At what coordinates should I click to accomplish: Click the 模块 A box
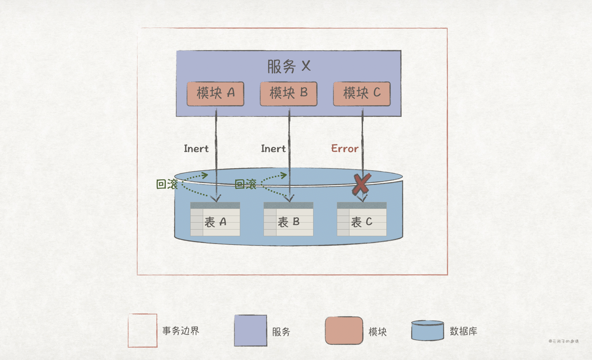[215, 93]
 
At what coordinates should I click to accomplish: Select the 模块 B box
[289, 93]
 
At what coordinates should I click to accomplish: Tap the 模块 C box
[362, 93]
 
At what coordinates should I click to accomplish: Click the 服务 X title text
[289, 66]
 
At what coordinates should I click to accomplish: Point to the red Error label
[345, 149]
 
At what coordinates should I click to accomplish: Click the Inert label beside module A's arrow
[196, 149]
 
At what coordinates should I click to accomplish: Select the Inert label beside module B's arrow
[273, 149]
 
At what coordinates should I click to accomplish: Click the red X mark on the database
[361, 184]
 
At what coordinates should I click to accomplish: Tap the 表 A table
[215, 219]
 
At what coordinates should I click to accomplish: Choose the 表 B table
[289, 219]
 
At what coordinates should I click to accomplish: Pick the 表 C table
[362, 219]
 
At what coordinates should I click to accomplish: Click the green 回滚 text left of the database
[167, 184]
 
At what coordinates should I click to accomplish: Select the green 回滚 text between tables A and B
[246, 184]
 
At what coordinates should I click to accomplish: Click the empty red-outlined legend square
[142, 331]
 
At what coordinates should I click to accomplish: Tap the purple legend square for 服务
[251, 331]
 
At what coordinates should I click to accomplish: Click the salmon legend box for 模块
[344, 331]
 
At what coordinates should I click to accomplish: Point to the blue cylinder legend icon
[428, 331]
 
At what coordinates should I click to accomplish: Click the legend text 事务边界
[181, 331]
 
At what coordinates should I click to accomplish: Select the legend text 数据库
[464, 331]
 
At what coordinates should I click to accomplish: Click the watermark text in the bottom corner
[563, 341]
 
